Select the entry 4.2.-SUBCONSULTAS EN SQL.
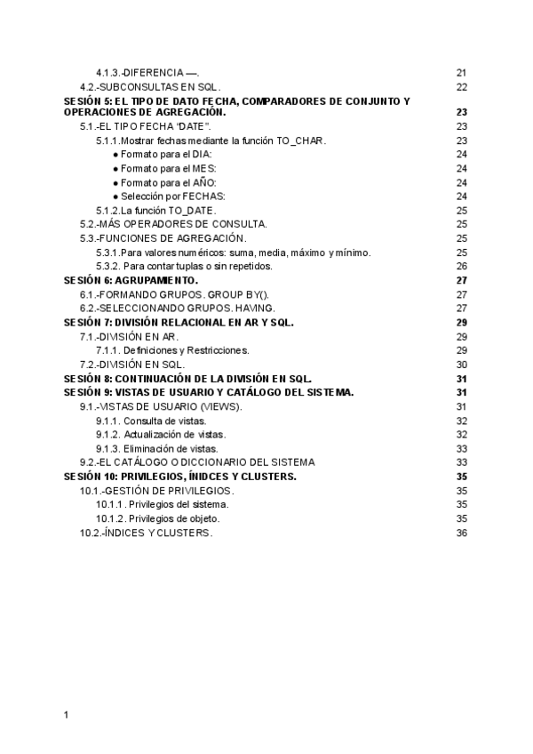click(x=148, y=86)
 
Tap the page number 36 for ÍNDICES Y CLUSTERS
click(x=461, y=533)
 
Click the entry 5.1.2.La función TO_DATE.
click(x=156, y=210)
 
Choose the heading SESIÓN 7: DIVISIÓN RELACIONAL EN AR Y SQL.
click(x=179, y=322)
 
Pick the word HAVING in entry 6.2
click(x=251, y=308)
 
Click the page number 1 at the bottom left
click(x=67, y=714)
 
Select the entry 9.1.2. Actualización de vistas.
click(x=161, y=434)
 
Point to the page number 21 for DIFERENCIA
click(x=461, y=73)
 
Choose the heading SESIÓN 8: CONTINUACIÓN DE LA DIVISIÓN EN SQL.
click(x=187, y=378)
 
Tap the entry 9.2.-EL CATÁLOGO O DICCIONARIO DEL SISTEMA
click(x=196, y=462)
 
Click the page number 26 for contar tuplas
click(x=461, y=266)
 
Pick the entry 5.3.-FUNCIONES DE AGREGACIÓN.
click(x=163, y=237)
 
